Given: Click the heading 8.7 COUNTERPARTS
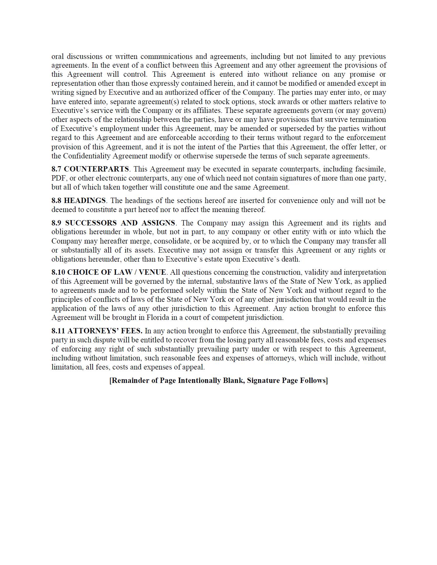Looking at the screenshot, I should point(90,169).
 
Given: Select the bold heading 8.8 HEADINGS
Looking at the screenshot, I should point(79,200).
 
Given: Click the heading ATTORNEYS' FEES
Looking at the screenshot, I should point(105,331).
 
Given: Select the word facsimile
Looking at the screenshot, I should point(370,169).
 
